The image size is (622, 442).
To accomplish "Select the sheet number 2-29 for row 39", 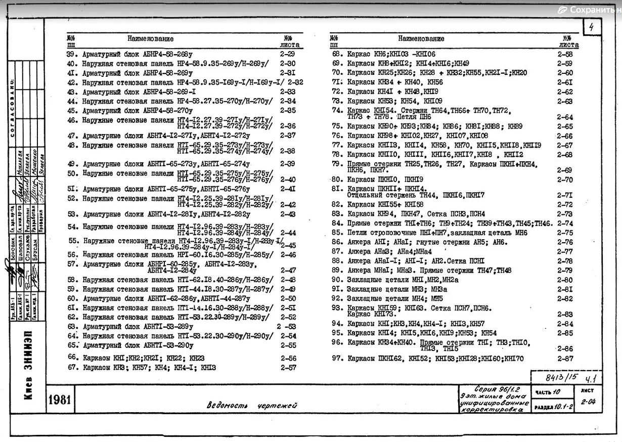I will pos(288,54).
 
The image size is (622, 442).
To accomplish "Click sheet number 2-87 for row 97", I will pos(565,359).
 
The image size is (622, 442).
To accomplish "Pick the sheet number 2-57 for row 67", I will pos(288,368).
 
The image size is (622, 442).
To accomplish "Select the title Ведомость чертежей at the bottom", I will pos(251,405).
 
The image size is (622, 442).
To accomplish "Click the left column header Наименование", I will pos(150,38).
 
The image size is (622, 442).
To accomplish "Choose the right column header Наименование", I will pos(421,38).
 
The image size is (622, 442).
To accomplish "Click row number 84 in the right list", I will pos(337,223).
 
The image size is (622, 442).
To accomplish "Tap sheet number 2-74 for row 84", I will pos(565,223).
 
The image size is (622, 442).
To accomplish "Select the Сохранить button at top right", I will pos(589,10).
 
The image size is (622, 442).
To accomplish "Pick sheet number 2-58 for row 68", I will pos(565,54).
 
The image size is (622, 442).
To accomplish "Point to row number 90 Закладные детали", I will pos(337,280).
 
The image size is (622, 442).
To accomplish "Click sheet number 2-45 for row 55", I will pos(288,245).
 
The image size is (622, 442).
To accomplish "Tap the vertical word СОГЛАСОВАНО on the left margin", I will pos(12,109).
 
